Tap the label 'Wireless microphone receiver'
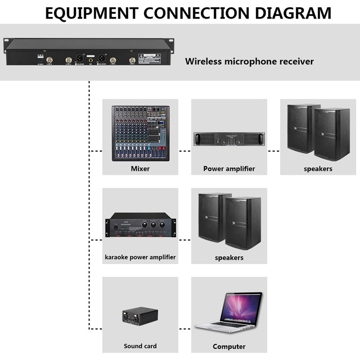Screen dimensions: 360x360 [x=249, y=62]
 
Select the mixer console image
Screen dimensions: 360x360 [x=140, y=133]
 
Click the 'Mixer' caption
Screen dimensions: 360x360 [x=140, y=169]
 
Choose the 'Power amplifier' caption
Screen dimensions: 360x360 [x=229, y=169]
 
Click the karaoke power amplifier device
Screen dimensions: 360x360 [x=140, y=226]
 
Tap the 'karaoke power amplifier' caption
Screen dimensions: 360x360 [x=140, y=257]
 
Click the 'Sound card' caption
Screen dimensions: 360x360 [x=140, y=346]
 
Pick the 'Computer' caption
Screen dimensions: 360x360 [x=229, y=347]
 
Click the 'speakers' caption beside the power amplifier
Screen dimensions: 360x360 [x=318, y=169]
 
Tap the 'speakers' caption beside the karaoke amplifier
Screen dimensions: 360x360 [x=229, y=257]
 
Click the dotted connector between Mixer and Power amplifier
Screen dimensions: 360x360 [x=185, y=151]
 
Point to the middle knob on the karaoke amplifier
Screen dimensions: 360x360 [x=153, y=224]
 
